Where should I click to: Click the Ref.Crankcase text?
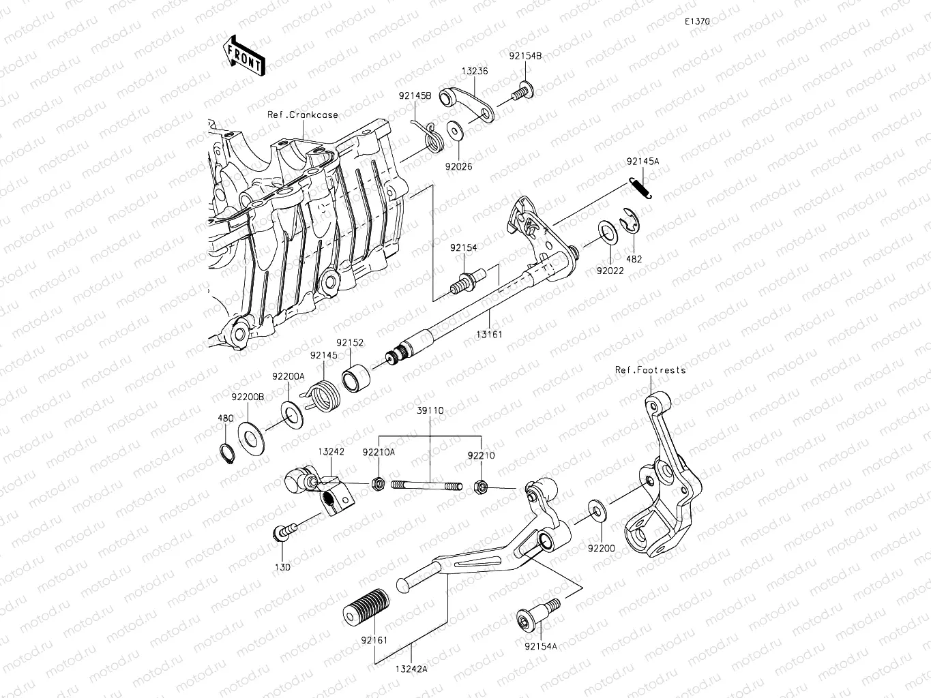303,115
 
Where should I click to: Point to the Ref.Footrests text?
650,370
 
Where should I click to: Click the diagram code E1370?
698,22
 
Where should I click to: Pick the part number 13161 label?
488,335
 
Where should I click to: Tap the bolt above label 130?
284,532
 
